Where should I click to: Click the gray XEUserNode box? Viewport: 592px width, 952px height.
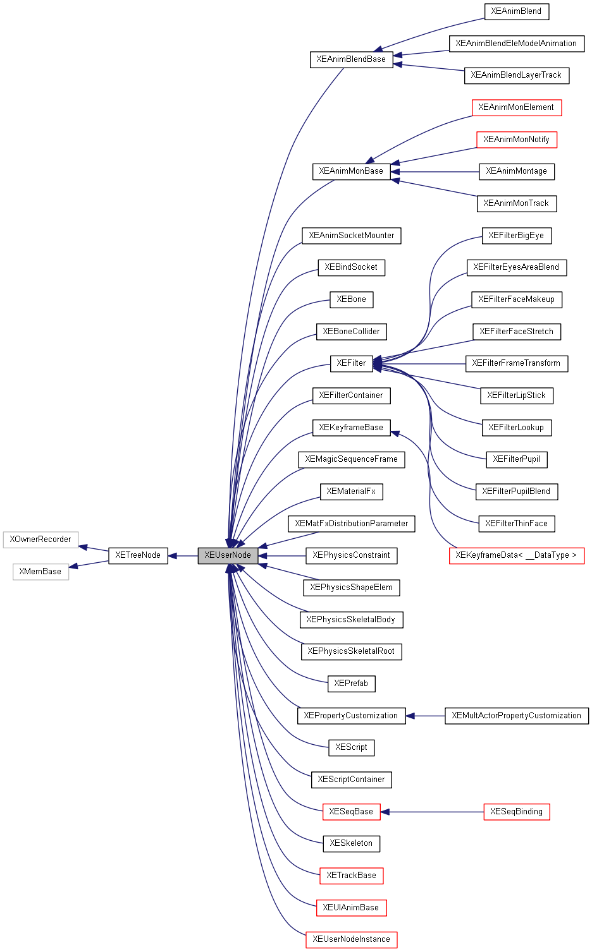click(x=228, y=555)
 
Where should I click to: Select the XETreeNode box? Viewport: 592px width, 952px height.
click(x=138, y=555)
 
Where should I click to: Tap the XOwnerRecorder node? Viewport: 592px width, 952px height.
click(x=40, y=539)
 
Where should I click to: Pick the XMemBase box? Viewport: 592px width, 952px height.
click(x=40, y=572)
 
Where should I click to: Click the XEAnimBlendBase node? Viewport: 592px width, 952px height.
click(x=351, y=59)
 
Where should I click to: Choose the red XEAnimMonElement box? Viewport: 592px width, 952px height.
click(x=516, y=107)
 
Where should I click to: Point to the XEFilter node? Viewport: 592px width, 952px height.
click(x=351, y=363)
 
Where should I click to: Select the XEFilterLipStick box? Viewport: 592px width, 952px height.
click(x=516, y=395)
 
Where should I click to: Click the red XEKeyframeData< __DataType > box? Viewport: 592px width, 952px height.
click(x=516, y=555)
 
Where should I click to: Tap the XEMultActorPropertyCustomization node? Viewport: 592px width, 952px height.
click(x=516, y=716)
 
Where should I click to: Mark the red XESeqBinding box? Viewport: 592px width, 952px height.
click(x=516, y=812)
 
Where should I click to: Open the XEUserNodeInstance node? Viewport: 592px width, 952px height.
click(x=351, y=939)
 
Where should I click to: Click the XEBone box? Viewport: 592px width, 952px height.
click(x=351, y=299)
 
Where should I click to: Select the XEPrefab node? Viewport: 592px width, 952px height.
click(x=351, y=684)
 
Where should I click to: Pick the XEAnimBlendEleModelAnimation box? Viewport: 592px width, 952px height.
click(x=516, y=44)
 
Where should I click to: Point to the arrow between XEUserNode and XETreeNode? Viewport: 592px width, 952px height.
click(x=183, y=556)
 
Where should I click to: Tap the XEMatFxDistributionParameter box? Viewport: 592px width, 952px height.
click(x=352, y=524)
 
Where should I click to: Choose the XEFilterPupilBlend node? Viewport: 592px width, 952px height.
click(x=516, y=491)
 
